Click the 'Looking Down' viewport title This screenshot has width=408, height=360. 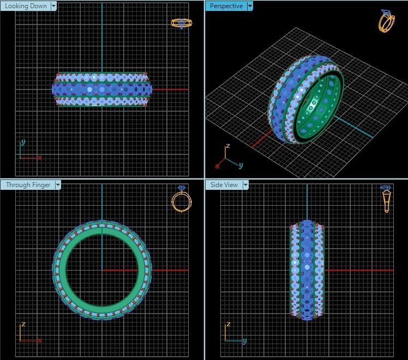tap(26, 6)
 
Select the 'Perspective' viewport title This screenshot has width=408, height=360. tap(226, 6)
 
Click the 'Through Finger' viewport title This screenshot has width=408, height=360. tap(28, 185)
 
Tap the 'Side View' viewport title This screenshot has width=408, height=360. tap(224, 185)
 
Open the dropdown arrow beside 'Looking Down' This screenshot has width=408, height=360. tap(53, 6)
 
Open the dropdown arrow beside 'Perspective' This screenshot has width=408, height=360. tap(250, 6)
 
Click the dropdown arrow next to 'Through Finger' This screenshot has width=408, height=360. tap(58, 185)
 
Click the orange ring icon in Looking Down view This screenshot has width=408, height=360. tap(182, 23)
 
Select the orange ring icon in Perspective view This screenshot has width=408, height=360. tap(387, 21)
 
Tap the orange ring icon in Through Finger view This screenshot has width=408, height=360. tap(182, 199)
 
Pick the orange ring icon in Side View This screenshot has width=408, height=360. tap(386, 199)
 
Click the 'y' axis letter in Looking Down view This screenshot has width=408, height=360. tap(23, 142)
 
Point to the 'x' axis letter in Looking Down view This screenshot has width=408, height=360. tap(40, 158)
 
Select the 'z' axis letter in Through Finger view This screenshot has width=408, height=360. tap(23, 325)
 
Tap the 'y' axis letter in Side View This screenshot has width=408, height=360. tap(245, 341)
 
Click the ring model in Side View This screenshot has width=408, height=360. tap(307, 270)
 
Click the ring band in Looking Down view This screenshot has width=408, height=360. tap(101, 89)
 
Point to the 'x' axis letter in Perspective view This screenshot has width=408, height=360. tap(217, 166)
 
